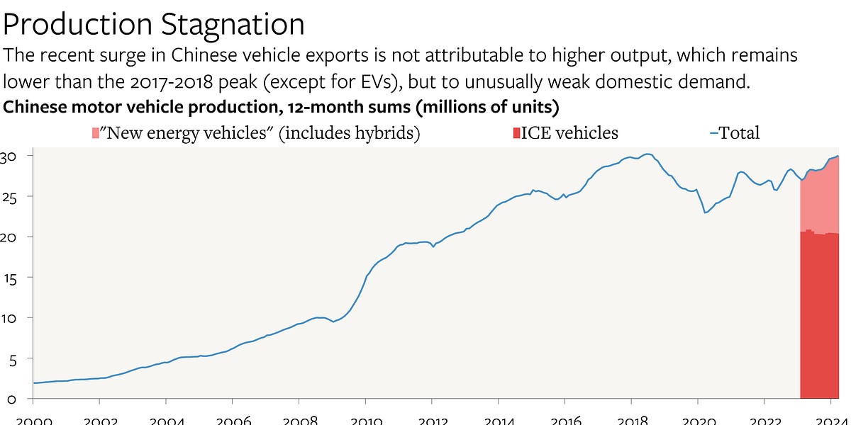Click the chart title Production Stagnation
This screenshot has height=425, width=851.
pos(154,24)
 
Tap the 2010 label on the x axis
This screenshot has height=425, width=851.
pos(365,419)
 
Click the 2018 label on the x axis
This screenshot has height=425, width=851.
pos(631,419)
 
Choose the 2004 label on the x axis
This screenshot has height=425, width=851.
pos(166,419)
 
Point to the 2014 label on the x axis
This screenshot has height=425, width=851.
pos(499,419)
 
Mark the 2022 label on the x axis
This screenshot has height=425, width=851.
pos(764,419)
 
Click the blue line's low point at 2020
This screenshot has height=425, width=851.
pos(705,212)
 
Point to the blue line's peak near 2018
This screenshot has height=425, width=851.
pos(646,154)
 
